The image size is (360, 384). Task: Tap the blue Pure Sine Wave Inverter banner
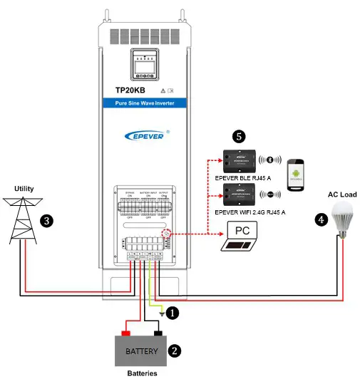(x=145, y=104)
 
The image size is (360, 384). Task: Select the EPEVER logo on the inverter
(x=145, y=133)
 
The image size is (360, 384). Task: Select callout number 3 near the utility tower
(x=48, y=221)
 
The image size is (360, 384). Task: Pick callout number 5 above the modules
(x=240, y=135)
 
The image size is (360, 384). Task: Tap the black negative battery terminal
(x=158, y=332)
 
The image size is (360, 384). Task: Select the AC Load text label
(x=342, y=193)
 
